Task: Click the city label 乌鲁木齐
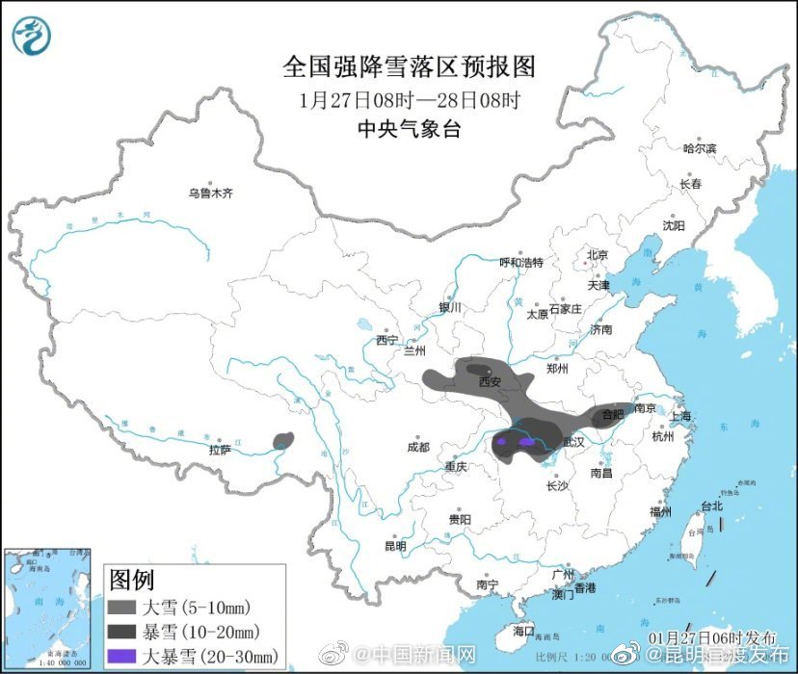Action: (x=210, y=194)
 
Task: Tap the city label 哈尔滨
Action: (x=700, y=148)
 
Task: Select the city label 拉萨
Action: (x=220, y=450)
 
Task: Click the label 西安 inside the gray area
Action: (x=490, y=382)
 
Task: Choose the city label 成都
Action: (x=417, y=448)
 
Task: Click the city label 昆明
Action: (x=395, y=546)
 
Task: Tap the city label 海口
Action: (x=523, y=631)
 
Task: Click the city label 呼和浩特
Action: (x=520, y=263)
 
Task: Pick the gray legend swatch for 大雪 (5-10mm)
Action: (x=122, y=608)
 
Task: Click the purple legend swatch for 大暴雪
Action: (x=122, y=657)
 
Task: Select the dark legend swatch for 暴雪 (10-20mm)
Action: (x=122, y=633)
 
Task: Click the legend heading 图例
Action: (x=132, y=581)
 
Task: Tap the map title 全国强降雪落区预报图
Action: (x=409, y=67)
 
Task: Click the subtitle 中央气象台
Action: (x=409, y=128)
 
